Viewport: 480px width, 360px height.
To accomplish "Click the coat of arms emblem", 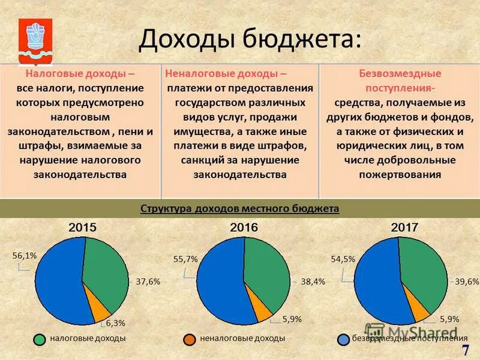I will coord(35,41).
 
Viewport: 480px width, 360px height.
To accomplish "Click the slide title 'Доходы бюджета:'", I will coord(250,40).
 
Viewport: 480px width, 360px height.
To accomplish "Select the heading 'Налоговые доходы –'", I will coord(80,74).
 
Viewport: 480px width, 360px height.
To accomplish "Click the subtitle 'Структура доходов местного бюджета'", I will coord(240,209).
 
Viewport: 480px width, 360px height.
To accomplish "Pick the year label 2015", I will coord(82,228).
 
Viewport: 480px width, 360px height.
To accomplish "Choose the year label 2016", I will coord(244,228).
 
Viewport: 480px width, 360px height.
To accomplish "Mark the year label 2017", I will coord(404,228).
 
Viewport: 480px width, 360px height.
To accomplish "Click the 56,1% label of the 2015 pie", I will coord(25,255).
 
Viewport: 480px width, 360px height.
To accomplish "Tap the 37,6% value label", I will coord(148,281).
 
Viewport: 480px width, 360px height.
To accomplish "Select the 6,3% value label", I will coord(116,323).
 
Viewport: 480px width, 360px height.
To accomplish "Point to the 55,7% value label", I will coord(185,259).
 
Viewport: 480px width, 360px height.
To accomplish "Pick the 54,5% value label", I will coord(343,259).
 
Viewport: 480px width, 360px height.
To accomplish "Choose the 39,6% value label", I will coord(467,281).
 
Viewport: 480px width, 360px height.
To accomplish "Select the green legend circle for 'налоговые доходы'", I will coord(40,339).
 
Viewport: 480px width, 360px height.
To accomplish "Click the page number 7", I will coord(466,350).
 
